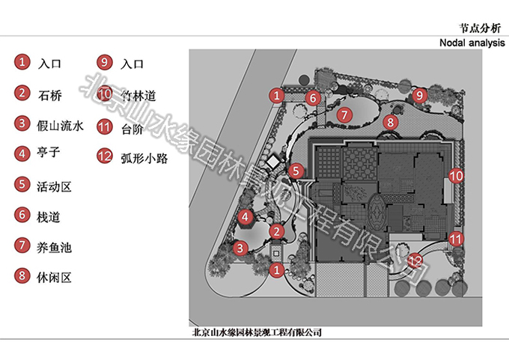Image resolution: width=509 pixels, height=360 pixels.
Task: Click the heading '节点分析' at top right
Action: pos(475,27)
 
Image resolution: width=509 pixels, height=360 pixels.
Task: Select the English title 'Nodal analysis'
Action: pos(472,43)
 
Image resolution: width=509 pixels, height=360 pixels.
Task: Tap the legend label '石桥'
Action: pos(50,94)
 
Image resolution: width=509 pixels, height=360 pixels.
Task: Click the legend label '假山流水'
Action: pos(57,124)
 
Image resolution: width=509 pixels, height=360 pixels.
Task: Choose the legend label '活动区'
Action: pos(53,185)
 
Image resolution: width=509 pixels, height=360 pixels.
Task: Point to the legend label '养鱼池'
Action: pos(53,246)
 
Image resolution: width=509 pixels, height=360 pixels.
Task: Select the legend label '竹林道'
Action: pos(138,95)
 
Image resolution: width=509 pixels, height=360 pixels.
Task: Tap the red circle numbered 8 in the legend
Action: pos(22,276)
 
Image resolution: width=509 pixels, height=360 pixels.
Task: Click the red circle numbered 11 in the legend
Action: pos(105,126)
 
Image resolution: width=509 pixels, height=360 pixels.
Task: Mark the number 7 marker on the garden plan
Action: pos(344,115)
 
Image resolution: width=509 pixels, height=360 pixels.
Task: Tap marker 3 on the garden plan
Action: pos(240,248)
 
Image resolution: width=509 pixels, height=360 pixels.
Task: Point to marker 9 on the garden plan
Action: pos(419,95)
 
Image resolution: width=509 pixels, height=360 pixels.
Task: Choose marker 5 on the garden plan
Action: pos(297,171)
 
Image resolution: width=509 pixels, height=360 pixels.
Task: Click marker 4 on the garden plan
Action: pos(245,218)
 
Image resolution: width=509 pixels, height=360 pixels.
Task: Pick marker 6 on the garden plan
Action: pos(314,97)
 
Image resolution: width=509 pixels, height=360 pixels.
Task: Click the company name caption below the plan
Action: pos(257,332)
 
